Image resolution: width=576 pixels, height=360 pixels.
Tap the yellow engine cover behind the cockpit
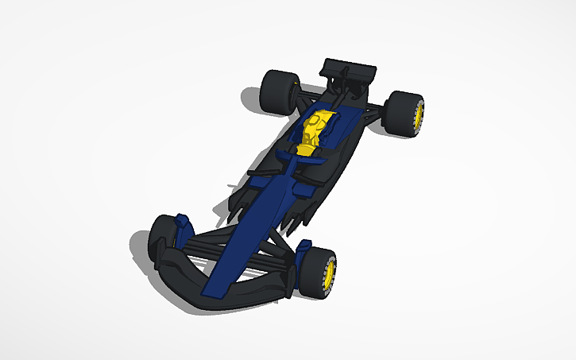click(312, 131)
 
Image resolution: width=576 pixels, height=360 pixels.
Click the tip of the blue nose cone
click(215, 291)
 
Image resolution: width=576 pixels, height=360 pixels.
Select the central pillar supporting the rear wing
click(346, 83)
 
